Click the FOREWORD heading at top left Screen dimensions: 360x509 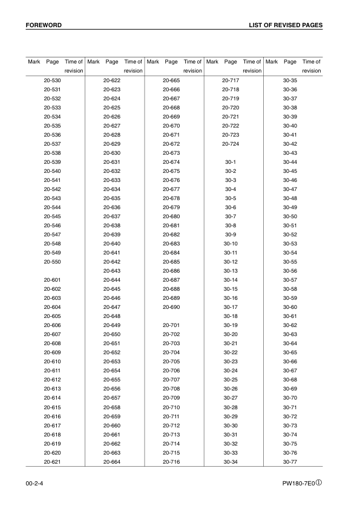point(44,25)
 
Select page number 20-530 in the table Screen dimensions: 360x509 point(52,80)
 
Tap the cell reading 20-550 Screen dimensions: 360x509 point(52,262)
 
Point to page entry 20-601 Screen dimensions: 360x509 point(52,280)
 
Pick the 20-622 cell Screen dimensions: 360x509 point(112,80)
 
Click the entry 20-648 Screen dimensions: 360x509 point(112,316)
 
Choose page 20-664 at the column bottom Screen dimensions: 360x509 point(112,462)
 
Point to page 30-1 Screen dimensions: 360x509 point(231,163)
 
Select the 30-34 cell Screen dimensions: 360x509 point(231,462)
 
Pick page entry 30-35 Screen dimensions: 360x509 point(290,80)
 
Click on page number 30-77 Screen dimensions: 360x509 point(290,462)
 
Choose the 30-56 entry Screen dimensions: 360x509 point(290,271)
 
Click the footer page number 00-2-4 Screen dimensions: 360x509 point(34,484)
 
